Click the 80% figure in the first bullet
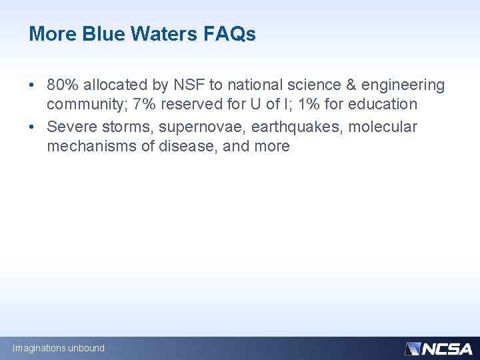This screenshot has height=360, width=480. tap(63, 85)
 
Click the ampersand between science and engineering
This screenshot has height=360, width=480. tap(350, 85)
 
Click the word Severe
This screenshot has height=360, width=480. tap(69, 127)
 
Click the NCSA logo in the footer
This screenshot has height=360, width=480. tap(438, 348)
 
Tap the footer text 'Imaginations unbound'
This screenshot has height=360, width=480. tap(59, 348)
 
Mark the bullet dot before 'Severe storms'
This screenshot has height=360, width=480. tap(32, 127)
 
